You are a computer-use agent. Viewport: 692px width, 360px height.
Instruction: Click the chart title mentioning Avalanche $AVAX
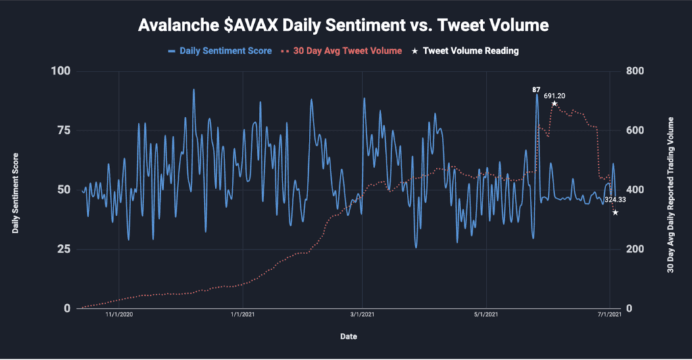click(343, 26)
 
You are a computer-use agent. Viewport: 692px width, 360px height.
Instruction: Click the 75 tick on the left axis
click(64, 130)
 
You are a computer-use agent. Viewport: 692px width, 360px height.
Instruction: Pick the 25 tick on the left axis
click(64, 249)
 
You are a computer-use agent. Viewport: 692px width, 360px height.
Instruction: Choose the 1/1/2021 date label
click(242, 315)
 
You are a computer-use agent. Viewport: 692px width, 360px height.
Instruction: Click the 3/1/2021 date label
click(362, 315)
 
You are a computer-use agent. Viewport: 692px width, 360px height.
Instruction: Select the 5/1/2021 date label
click(485, 315)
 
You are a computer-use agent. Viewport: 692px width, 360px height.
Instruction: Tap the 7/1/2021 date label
click(610, 315)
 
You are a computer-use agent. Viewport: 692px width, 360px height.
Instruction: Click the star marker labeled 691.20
click(554, 103)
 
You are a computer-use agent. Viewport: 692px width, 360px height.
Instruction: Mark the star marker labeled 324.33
click(615, 212)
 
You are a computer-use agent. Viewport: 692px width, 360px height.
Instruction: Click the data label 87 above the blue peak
click(536, 89)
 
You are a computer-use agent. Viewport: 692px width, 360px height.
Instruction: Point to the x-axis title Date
click(349, 336)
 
